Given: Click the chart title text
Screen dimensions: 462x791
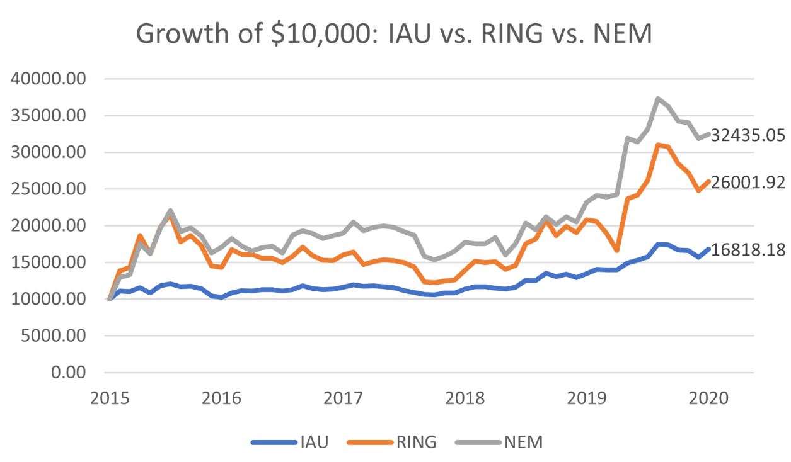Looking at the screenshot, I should click(394, 33).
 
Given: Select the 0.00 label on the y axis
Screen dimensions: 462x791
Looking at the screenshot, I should click(69, 373).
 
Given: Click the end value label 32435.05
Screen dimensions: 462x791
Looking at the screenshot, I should click(748, 135).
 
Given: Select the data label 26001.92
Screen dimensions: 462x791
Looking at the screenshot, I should click(748, 183).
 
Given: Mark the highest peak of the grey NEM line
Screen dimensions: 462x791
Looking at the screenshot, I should click(658, 99).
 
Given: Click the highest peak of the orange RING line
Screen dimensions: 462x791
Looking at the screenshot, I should click(658, 145).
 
